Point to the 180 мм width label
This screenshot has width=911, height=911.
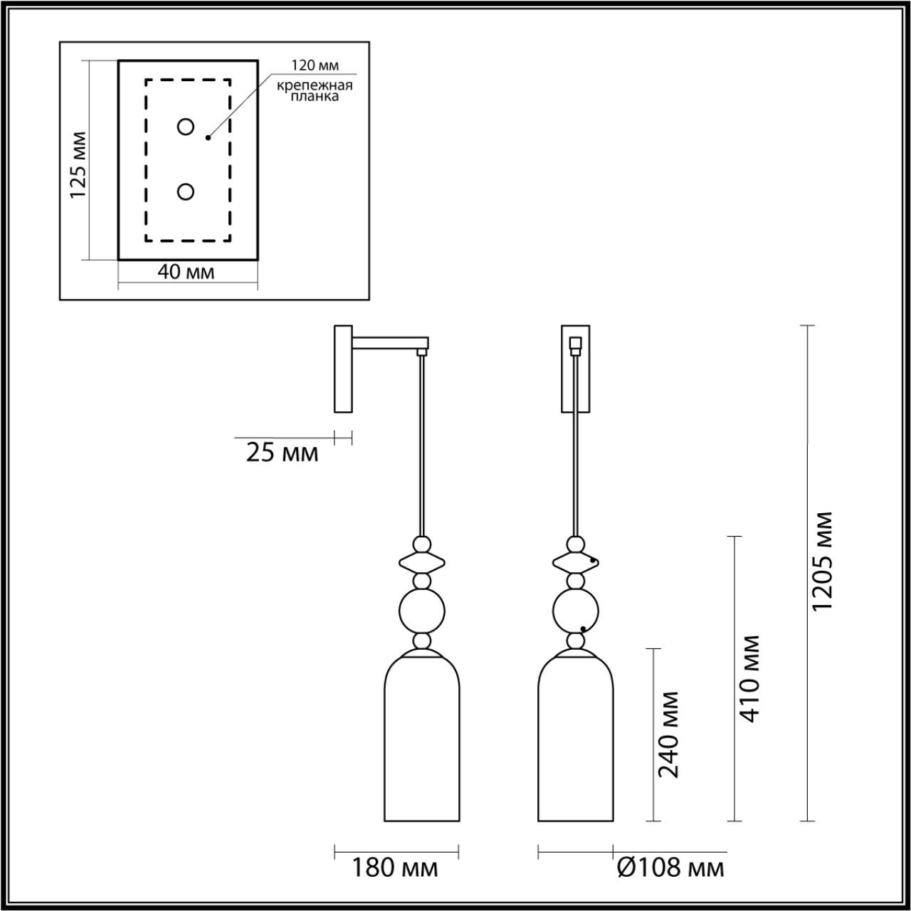tap(395, 868)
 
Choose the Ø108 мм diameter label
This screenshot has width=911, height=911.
tap(671, 868)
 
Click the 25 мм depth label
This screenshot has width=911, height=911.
tap(283, 453)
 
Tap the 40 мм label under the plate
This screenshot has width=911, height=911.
tap(186, 272)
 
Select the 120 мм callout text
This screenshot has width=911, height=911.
tap(315, 65)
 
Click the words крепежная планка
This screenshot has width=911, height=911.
tap(315, 91)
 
